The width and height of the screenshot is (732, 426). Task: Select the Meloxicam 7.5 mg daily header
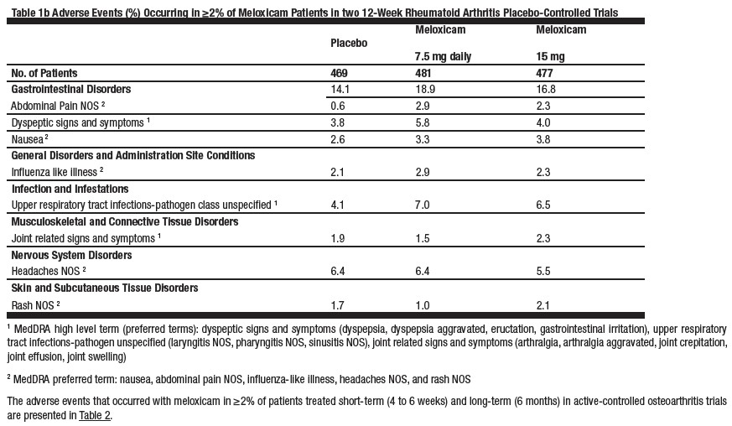[x=443, y=43]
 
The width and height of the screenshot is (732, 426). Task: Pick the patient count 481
[x=425, y=72]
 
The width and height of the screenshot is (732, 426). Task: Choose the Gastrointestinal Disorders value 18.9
[x=425, y=89]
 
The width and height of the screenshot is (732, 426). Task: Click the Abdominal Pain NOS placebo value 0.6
[x=339, y=106]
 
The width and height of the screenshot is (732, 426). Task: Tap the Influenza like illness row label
[x=59, y=172]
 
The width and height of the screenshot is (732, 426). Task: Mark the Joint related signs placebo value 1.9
[x=339, y=238]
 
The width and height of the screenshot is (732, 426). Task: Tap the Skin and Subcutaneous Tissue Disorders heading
[x=105, y=288]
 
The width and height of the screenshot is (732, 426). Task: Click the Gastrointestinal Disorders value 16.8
[x=545, y=89]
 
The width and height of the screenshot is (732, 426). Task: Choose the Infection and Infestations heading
[x=70, y=189]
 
